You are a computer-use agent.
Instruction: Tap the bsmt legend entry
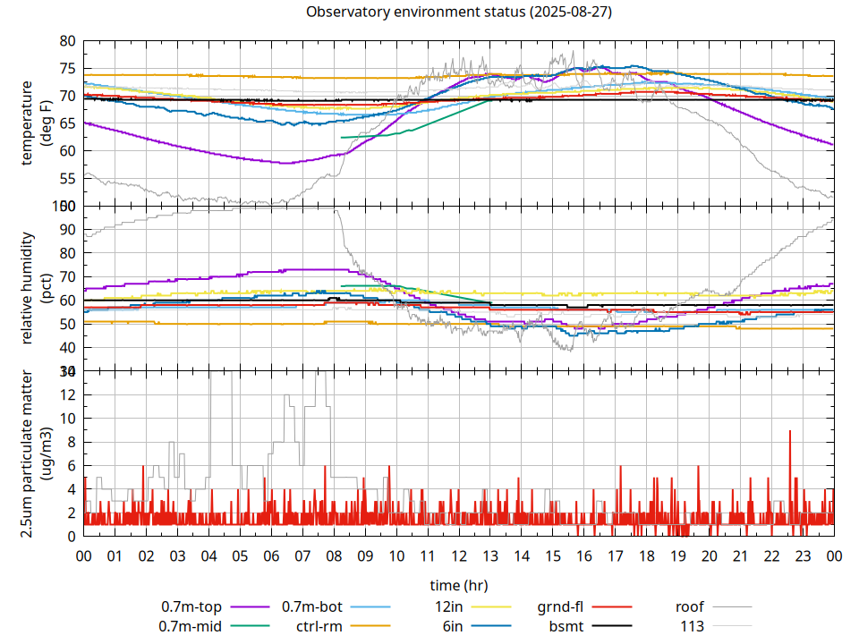coord(565,626)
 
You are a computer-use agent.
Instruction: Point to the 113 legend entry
coord(692,626)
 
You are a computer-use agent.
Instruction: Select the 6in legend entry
coord(452,626)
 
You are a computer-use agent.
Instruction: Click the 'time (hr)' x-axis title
coord(458,585)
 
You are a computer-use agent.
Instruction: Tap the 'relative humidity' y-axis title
coord(28,288)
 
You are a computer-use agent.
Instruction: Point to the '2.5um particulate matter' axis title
coord(28,453)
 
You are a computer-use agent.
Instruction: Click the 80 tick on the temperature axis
coord(67,41)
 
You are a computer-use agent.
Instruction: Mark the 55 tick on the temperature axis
coord(67,179)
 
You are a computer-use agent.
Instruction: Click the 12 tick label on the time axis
coord(458,555)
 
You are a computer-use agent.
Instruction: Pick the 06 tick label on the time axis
coord(271,555)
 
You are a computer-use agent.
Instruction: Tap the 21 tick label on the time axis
coord(740,555)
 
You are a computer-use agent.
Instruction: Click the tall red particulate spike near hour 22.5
coord(790,432)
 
